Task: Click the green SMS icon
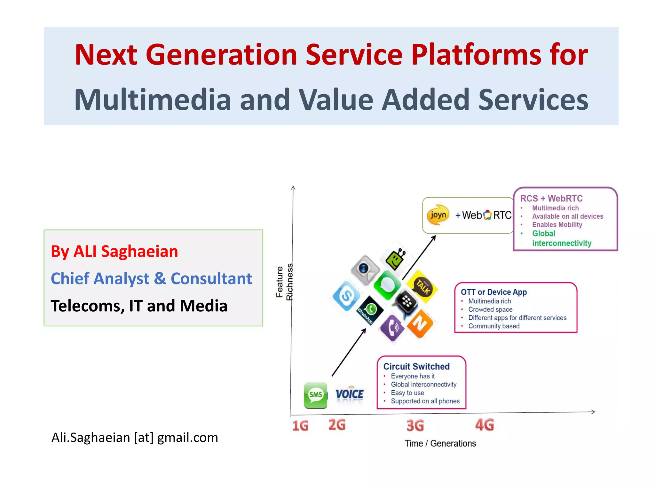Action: [315, 395]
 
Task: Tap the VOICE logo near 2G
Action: [349, 394]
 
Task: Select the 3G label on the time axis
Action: [415, 425]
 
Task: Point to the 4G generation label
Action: [485, 425]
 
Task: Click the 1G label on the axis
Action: [300, 426]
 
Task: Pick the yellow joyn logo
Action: [438, 215]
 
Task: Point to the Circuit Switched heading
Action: [416, 366]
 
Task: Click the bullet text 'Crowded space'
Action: [490, 309]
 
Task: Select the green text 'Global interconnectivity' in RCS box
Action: [561, 238]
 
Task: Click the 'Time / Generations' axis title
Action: [440, 444]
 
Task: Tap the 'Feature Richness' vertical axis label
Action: [284, 282]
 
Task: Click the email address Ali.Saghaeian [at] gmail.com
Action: [135, 437]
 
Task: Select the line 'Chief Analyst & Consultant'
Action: [151, 278]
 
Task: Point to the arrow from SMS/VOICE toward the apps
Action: [349, 352]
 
